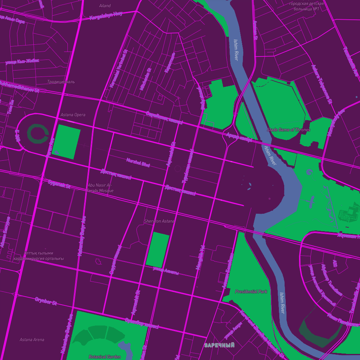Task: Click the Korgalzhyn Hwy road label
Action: click(x=106, y=16)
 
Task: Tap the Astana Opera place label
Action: click(x=73, y=115)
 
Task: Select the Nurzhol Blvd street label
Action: click(x=138, y=163)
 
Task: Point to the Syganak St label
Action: click(x=59, y=184)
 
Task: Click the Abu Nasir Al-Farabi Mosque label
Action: click(x=100, y=188)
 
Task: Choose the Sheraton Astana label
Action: click(x=159, y=221)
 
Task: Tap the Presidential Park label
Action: click(x=251, y=291)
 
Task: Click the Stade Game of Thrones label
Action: click(x=288, y=130)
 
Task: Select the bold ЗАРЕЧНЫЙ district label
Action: click(x=219, y=345)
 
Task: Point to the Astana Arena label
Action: click(x=32, y=340)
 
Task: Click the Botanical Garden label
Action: click(x=104, y=357)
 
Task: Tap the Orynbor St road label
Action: click(x=46, y=302)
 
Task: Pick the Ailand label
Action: click(x=105, y=6)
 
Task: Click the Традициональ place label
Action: click(x=61, y=81)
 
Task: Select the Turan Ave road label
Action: click(x=50, y=147)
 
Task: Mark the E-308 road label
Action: click(x=17, y=135)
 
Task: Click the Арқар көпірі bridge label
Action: click(x=239, y=137)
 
